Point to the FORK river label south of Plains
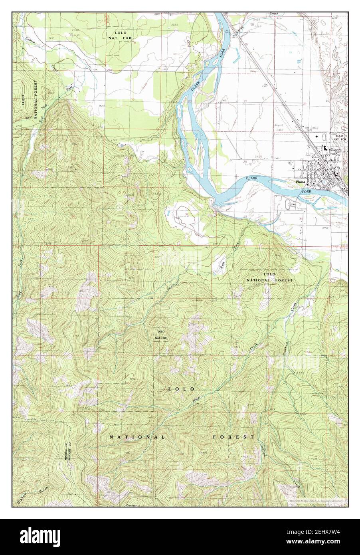(x=306, y=192)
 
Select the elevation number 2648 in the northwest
(x=75, y=30)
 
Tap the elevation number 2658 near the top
(x=174, y=25)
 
